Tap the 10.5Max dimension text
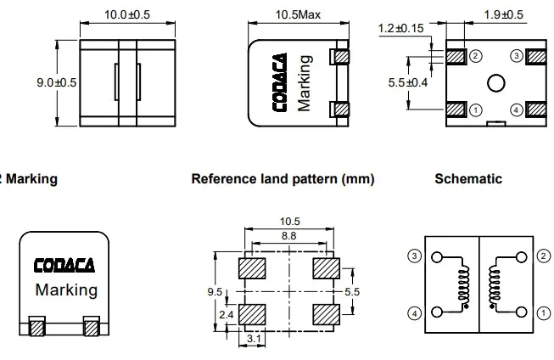click(x=297, y=14)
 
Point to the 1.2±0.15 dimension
click(x=401, y=29)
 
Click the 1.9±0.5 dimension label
click(x=504, y=14)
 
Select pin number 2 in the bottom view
click(x=476, y=56)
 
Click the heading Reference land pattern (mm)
click(x=283, y=179)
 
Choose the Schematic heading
click(x=467, y=179)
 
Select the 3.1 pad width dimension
click(x=253, y=340)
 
